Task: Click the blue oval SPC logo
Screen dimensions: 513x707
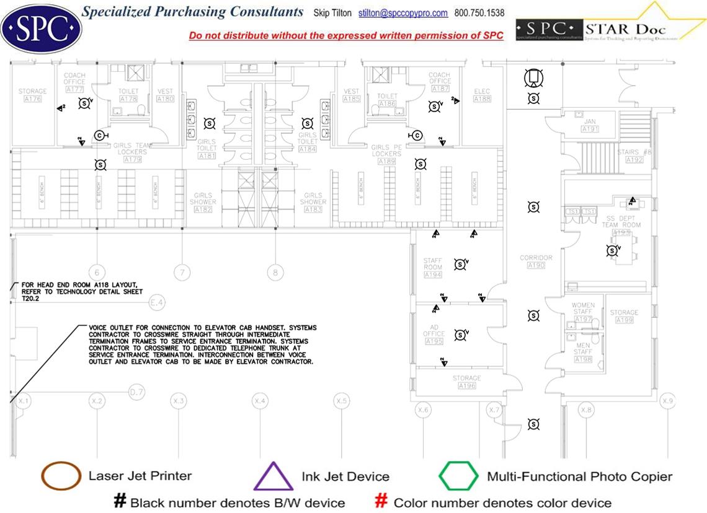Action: (42, 26)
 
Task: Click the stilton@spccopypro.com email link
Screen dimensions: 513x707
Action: (403, 13)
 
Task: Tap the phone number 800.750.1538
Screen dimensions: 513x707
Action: (479, 13)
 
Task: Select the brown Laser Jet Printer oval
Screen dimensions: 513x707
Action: (61, 476)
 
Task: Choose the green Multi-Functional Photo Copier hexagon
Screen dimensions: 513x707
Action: (459, 476)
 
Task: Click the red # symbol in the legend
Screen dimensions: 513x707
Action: (382, 502)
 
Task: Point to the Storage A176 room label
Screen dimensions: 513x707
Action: (32, 95)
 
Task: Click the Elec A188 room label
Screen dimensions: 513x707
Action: (482, 95)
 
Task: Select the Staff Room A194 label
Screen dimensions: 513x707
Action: (432, 267)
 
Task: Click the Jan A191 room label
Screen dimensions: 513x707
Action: (590, 125)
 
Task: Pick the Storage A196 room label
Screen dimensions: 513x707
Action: (466, 382)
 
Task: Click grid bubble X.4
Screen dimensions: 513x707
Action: (260, 401)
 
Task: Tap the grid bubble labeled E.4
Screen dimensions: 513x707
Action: (158, 303)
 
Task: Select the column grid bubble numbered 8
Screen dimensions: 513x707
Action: (275, 272)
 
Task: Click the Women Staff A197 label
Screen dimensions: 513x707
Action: (583, 312)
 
